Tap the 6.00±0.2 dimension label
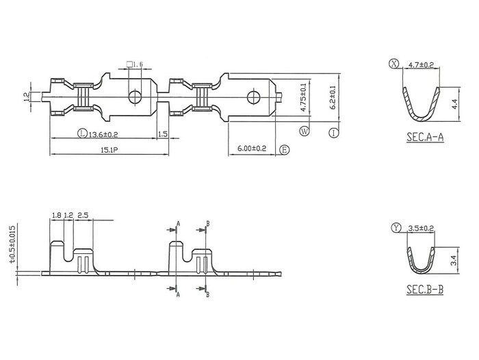click(252, 149)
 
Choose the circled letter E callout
click(285, 149)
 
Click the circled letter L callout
click(81, 133)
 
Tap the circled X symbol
click(393, 64)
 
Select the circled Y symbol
click(397, 227)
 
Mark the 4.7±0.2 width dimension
click(421, 65)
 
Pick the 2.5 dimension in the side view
click(83, 216)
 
